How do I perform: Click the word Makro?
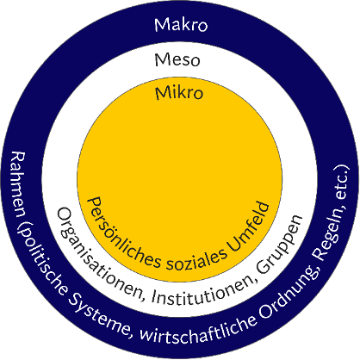[181, 24]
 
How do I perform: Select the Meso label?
[177, 60]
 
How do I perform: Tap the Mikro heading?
[179, 93]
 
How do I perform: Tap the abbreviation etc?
[343, 183]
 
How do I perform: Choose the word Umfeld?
[248, 226]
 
